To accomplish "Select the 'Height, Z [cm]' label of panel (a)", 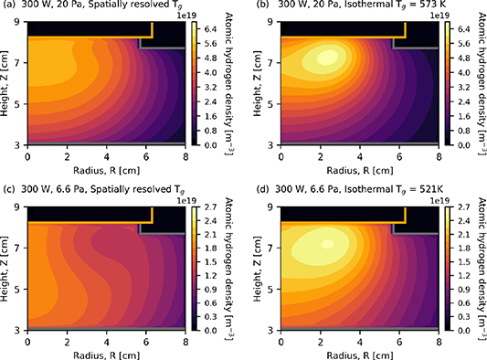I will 7,83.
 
